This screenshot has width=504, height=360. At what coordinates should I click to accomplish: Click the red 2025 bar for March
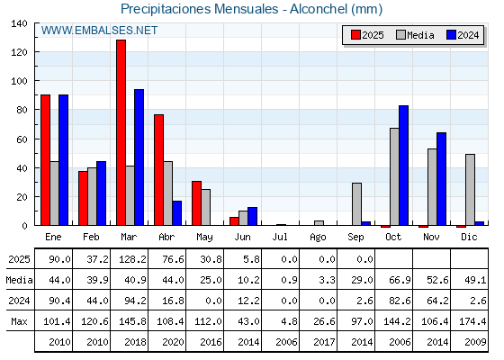coord(121,132)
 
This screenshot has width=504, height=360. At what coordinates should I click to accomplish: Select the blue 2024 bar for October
coord(404,166)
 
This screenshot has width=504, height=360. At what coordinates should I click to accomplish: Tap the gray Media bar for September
coord(356,204)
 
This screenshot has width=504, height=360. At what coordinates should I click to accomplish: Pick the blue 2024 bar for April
coord(176,213)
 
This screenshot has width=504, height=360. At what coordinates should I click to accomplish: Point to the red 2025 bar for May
coord(197,203)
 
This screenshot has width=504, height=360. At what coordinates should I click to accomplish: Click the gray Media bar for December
coord(470,190)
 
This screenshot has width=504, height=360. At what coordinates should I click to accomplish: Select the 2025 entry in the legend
coord(367,35)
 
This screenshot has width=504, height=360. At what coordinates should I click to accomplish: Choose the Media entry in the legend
coord(415,35)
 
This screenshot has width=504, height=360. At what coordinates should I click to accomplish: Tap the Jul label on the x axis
coord(280,237)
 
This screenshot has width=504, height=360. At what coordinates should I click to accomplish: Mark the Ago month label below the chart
coord(318,238)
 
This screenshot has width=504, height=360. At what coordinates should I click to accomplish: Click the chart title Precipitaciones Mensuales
coord(199,9)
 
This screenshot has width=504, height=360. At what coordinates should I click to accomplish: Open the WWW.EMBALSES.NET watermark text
coord(99,31)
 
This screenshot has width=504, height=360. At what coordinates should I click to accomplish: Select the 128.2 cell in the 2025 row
coord(133,259)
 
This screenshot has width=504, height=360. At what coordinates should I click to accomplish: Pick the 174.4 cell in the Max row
coord(472,321)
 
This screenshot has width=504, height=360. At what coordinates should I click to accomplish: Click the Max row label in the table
coord(19,321)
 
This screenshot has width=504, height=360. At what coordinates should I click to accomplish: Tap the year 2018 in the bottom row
coord(135,342)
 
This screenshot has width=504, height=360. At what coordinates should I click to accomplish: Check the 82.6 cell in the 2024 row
coord(400,301)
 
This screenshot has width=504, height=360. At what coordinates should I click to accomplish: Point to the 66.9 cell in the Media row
coord(400,280)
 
